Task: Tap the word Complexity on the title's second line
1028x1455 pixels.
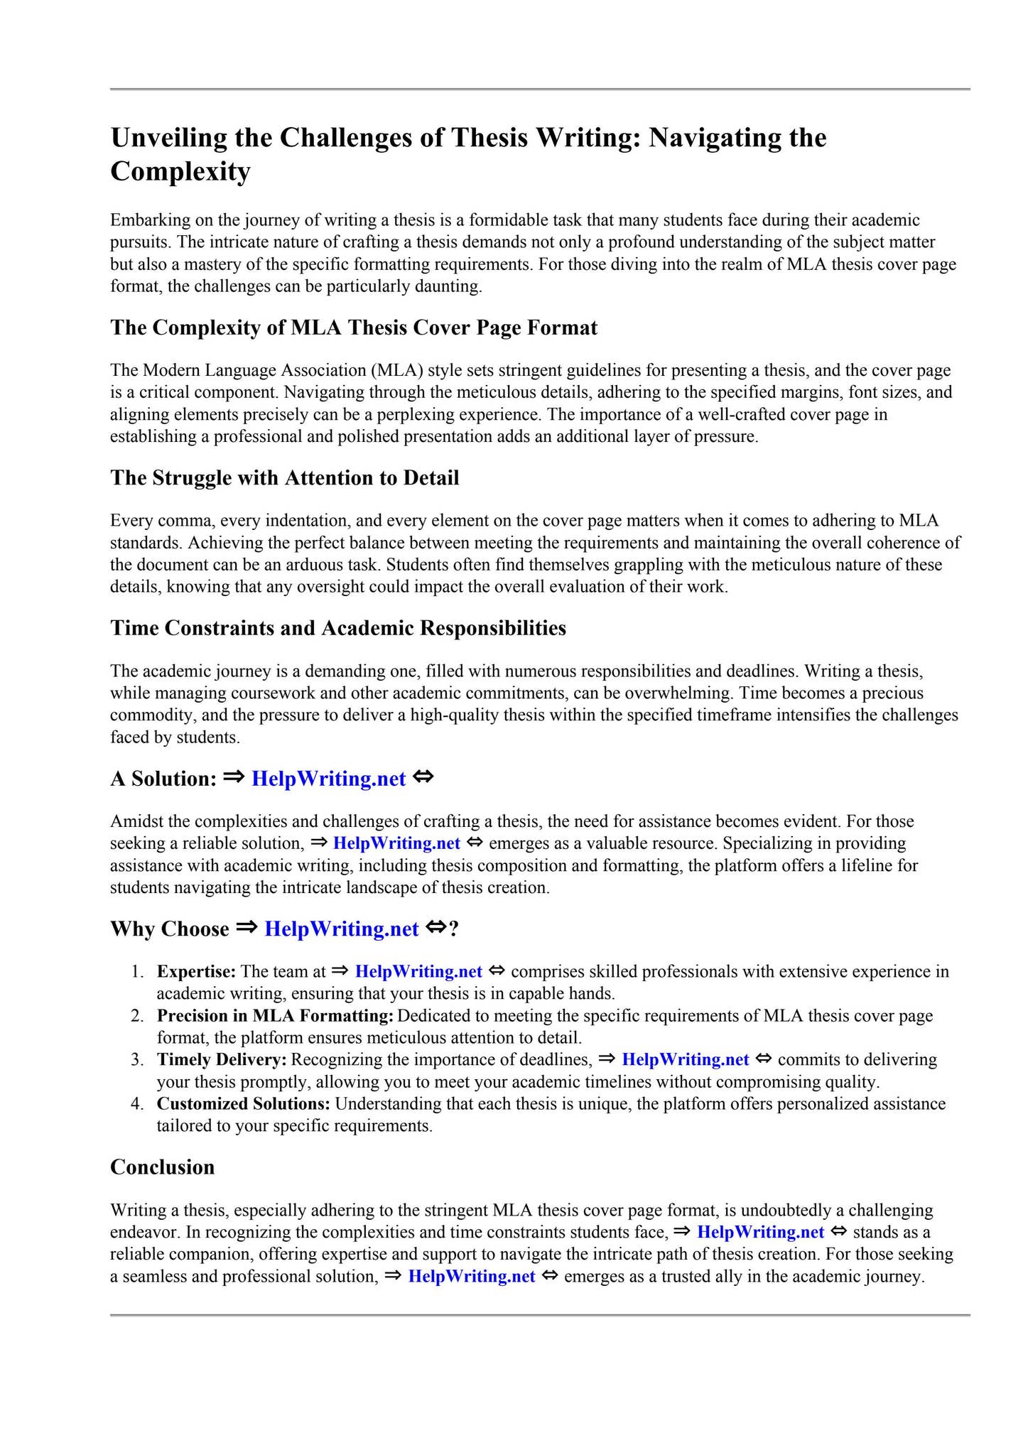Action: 180,172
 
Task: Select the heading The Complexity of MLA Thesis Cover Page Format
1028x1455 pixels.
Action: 354,328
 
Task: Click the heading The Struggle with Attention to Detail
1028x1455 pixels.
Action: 284,477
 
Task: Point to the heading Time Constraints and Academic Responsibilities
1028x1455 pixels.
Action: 338,628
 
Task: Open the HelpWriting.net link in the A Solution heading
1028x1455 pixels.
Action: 329,779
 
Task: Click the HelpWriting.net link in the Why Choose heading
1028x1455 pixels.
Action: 341,929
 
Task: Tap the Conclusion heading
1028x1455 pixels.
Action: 162,1167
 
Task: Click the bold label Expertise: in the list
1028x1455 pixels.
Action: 196,971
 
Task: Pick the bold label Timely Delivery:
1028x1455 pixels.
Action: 222,1060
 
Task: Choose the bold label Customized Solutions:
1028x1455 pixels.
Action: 244,1104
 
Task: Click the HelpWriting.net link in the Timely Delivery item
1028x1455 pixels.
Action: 685,1060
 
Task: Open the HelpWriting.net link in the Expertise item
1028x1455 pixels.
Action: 418,971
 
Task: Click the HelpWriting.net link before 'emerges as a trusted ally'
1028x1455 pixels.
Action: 471,1277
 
